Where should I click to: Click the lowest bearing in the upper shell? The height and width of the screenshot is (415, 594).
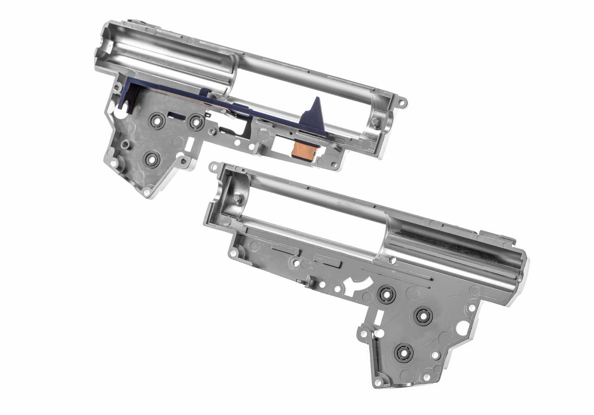[151, 160]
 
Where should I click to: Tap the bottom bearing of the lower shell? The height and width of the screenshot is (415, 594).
[402, 351]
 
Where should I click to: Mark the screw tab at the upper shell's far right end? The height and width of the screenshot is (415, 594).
[401, 102]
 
